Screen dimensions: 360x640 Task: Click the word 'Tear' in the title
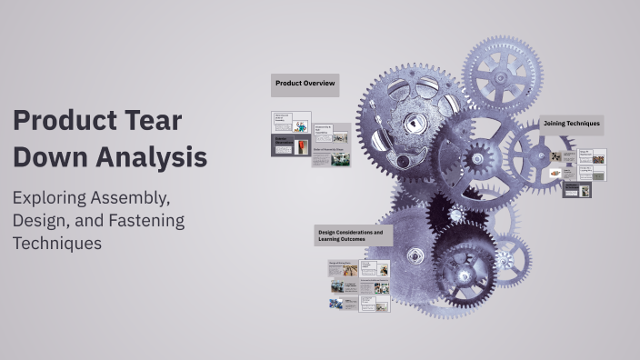pyautogui.click(x=154, y=121)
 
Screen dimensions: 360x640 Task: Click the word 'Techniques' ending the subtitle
pyautogui.click(x=56, y=243)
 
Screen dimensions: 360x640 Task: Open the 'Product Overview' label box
pyautogui.click(x=305, y=85)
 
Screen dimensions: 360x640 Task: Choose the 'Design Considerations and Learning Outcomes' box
pyautogui.click(x=353, y=235)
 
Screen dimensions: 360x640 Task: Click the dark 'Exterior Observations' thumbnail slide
pyautogui.click(x=291, y=146)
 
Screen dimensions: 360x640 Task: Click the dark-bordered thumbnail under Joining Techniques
pyautogui.click(x=576, y=190)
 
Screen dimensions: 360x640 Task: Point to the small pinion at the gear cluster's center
pyautogui.click(x=478, y=160)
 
